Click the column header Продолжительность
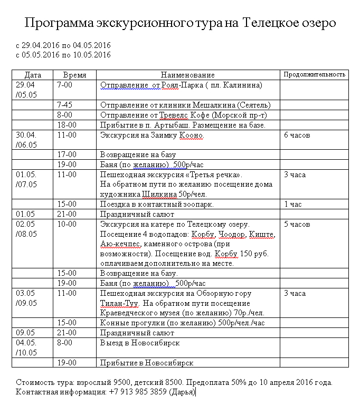pos(314,74)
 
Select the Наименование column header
pos(188,75)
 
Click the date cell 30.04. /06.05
pos(26,140)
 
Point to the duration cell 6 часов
pos(297,135)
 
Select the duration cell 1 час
pos(293,204)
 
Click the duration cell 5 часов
pos(297,224)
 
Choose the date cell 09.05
pos(25,333)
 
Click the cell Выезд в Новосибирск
pos(140,343)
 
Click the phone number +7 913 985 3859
pos(137,392)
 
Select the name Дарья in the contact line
pos(182,392)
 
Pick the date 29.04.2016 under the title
pos(42,45)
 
